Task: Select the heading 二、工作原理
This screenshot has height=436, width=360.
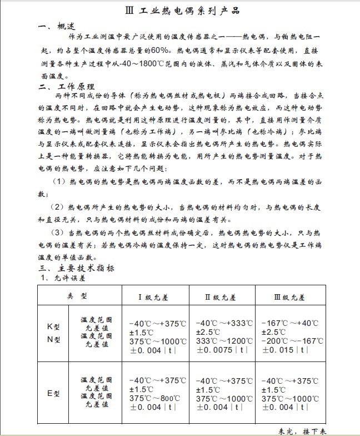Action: (66, 87)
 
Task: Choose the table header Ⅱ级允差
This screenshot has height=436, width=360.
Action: (220, 298)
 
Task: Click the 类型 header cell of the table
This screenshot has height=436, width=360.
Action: (77, 295)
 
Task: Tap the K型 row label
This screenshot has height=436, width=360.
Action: (53, 327)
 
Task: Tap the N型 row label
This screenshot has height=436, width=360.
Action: (53, 340)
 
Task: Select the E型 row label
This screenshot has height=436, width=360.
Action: (53, 393)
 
